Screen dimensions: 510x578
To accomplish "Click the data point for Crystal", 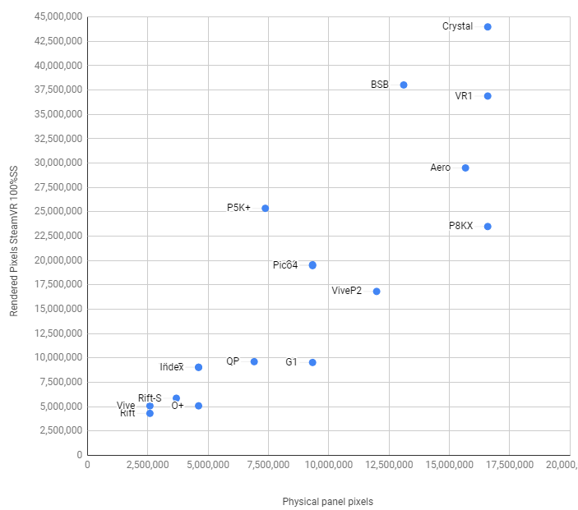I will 488,27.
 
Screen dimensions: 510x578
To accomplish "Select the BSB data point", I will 404,85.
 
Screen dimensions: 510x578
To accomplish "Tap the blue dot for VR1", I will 488,96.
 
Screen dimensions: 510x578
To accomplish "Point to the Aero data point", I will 465,168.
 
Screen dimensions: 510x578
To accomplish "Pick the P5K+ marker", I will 265,209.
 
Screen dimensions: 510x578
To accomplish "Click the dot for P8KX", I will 488,227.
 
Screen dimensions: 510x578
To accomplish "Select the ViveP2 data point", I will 377,292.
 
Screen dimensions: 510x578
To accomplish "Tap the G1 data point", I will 312,362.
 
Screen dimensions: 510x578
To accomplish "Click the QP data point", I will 254,362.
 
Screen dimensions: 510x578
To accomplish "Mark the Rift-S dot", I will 176,398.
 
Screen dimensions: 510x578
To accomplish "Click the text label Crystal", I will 457,26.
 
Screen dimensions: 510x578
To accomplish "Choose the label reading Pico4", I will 285,265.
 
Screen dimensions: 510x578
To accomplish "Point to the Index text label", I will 172,367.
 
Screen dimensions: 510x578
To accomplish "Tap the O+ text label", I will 178,406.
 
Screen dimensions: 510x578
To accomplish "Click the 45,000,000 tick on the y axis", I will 58,16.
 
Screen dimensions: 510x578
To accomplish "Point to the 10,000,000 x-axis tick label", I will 328,465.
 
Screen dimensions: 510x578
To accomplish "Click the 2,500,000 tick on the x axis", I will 148,465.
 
